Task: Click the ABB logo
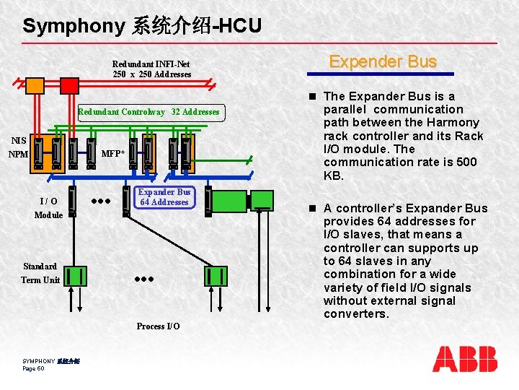465,359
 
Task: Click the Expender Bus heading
383,61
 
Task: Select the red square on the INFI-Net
69,85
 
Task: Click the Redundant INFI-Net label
151,64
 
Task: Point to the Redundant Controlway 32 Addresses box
148,112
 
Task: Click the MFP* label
112,153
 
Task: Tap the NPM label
18,154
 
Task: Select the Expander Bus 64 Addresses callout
164,197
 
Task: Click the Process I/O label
159,326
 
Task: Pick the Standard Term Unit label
40,273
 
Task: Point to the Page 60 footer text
34,368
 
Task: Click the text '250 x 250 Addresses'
152,74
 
